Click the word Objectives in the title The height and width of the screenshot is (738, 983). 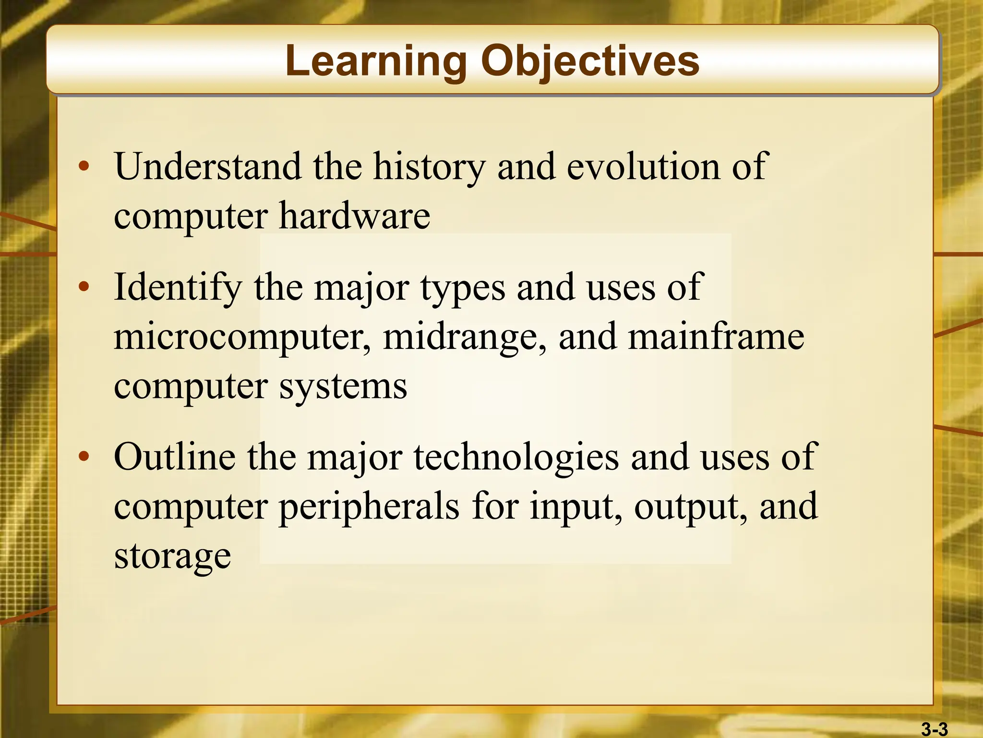click(x=590, y=61)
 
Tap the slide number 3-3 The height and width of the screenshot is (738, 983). click(x=934, y=729)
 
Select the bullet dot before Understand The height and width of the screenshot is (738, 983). click(x=84, y=167)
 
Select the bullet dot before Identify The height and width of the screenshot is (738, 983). click(x=84, y=287)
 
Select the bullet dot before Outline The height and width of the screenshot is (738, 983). click(x=84, y=456)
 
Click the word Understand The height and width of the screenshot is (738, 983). click(x=208, y=166)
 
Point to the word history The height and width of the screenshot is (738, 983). click(x=429, y=166)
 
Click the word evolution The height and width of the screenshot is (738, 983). click(x=643, y=166)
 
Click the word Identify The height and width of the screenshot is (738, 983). click(x=178, y=287)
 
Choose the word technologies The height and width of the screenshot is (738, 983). click(x=516, y=457)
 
